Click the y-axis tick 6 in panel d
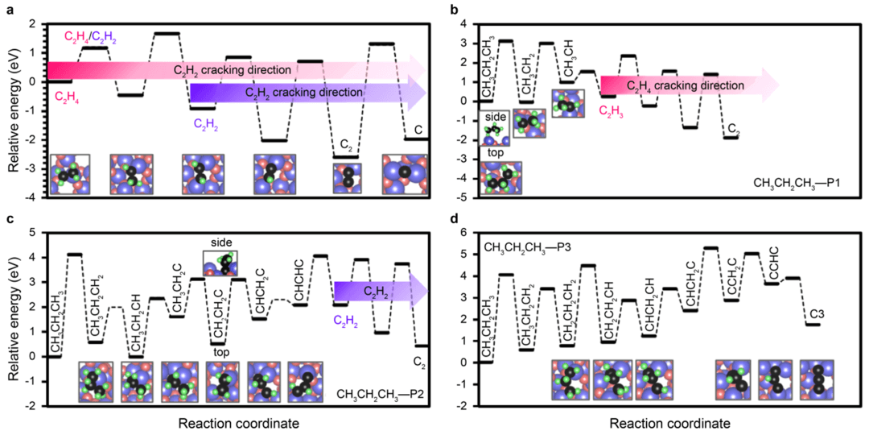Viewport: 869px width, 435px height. [463, 232]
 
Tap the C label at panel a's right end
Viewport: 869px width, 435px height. [417, 129]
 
